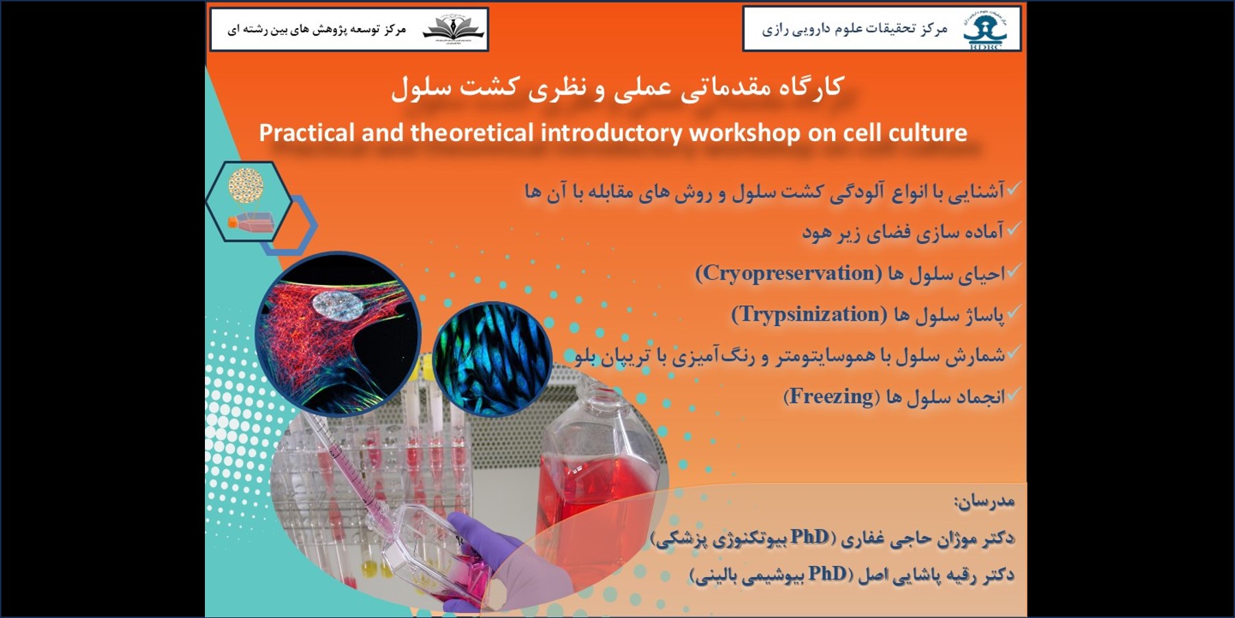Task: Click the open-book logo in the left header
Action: tap(453, 29)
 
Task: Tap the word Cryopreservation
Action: tap(788, 273)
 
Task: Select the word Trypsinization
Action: tap(809, 314)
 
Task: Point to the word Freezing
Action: tap(831, 396)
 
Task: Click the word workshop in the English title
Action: tap(744, 132)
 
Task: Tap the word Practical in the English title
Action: tap(307, 132)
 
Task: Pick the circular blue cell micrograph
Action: tap(492, 359)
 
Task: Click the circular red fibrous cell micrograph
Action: tap(338, 334)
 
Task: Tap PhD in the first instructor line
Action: tap(809, 536)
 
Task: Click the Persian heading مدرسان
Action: tap(985, 502)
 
